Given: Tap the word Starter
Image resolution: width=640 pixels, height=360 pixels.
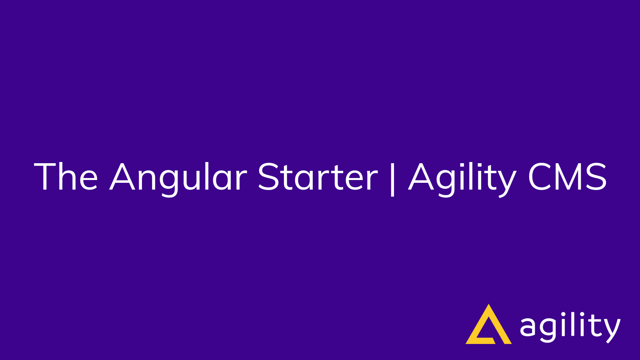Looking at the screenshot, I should click(x=317, y=177).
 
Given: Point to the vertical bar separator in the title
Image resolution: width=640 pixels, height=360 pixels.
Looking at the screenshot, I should click(x=392, y=179).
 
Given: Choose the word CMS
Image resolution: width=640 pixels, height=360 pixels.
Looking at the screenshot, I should click(x=567, y=177).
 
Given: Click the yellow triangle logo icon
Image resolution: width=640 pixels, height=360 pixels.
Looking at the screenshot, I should click(x=488, y=326).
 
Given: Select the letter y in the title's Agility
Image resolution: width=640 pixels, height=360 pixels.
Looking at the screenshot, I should click(x=506, y=182).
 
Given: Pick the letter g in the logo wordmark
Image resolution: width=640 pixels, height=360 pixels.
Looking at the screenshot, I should click(x=548, y=330).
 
